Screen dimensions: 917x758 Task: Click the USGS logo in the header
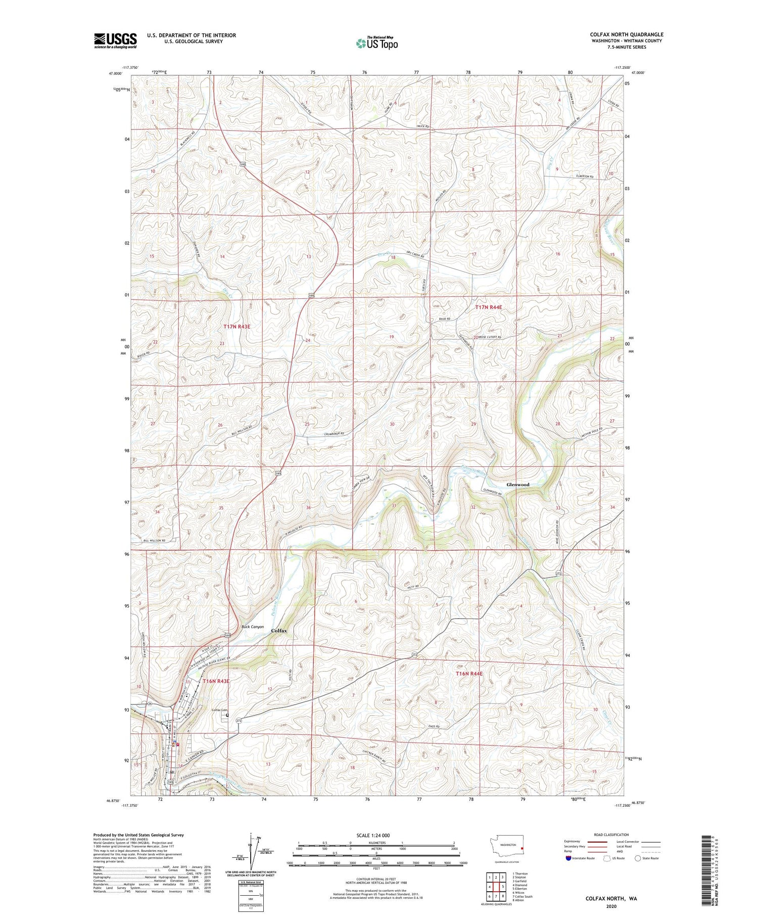tap(115, 40)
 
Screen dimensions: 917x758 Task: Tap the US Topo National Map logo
tap(376, 43)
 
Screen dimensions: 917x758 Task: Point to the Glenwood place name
tap(518, 485)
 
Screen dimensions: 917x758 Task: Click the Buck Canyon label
tap(253, 627)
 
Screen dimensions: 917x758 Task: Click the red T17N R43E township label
tap(237, 327)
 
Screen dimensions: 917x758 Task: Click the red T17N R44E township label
tap(489, 307)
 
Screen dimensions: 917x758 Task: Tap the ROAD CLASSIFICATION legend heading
tap(611, 835)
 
